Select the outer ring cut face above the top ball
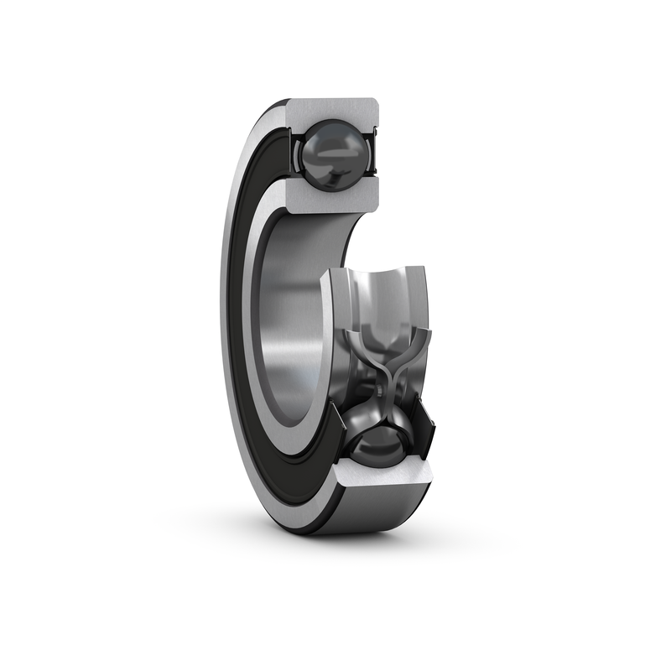pos(331,110)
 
